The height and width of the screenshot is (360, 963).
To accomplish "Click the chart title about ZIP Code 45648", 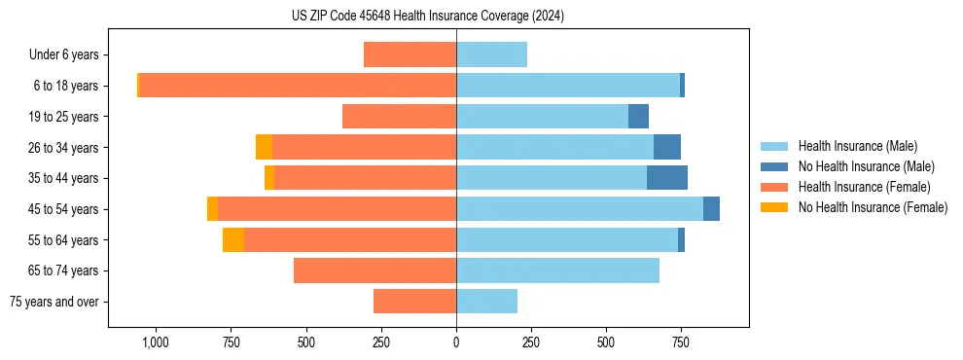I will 427,16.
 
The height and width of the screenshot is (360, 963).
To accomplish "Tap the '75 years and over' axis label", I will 54,302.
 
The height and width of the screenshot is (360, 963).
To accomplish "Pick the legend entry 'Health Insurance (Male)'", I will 857,146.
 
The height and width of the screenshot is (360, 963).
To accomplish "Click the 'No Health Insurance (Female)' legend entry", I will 873,207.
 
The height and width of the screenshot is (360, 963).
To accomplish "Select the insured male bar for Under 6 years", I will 491,54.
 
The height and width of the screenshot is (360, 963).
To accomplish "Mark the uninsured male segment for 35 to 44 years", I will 667,178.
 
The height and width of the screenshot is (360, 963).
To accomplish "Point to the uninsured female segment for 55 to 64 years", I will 233,239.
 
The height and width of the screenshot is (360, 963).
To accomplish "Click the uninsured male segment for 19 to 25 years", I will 638,117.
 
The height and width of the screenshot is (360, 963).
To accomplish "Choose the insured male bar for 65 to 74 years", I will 557,270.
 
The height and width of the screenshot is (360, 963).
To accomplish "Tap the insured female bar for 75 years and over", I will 414,302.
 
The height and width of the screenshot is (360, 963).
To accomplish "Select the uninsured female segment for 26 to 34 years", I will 264,147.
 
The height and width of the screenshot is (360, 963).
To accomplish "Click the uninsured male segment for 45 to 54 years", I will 711,209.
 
